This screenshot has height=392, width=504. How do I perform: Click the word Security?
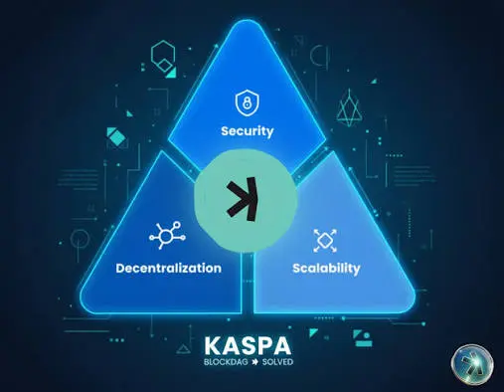tap(248, 131)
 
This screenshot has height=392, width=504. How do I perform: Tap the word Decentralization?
tap(169, 268)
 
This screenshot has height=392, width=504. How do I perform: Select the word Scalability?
tap(326, 268)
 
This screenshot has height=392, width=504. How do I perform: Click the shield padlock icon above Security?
tap(248, 102)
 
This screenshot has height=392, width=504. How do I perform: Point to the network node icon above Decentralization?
tap(167, 235)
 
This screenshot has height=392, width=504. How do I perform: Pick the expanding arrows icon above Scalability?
tap(325, 240)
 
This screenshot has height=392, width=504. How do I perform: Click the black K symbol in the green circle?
tap(244, 199)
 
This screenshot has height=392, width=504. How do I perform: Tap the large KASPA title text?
tap(248, 346)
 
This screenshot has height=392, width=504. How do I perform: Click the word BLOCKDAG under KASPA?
tap(226, 362)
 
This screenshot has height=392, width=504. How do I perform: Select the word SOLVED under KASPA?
tap(277, 362)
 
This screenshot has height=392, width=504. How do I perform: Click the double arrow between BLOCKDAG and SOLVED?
tap(254, 362)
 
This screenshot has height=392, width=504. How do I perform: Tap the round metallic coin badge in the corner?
tap(472, 365)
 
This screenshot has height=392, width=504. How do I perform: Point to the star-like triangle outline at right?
tap(349, 107)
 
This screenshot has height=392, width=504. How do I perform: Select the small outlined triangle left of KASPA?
tap(183, 349)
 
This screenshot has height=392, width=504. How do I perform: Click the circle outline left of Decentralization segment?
tap(80, 239)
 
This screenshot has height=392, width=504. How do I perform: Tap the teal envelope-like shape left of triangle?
tap(117, 137)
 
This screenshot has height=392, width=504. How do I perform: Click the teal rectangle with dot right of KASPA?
tap(363, 338)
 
